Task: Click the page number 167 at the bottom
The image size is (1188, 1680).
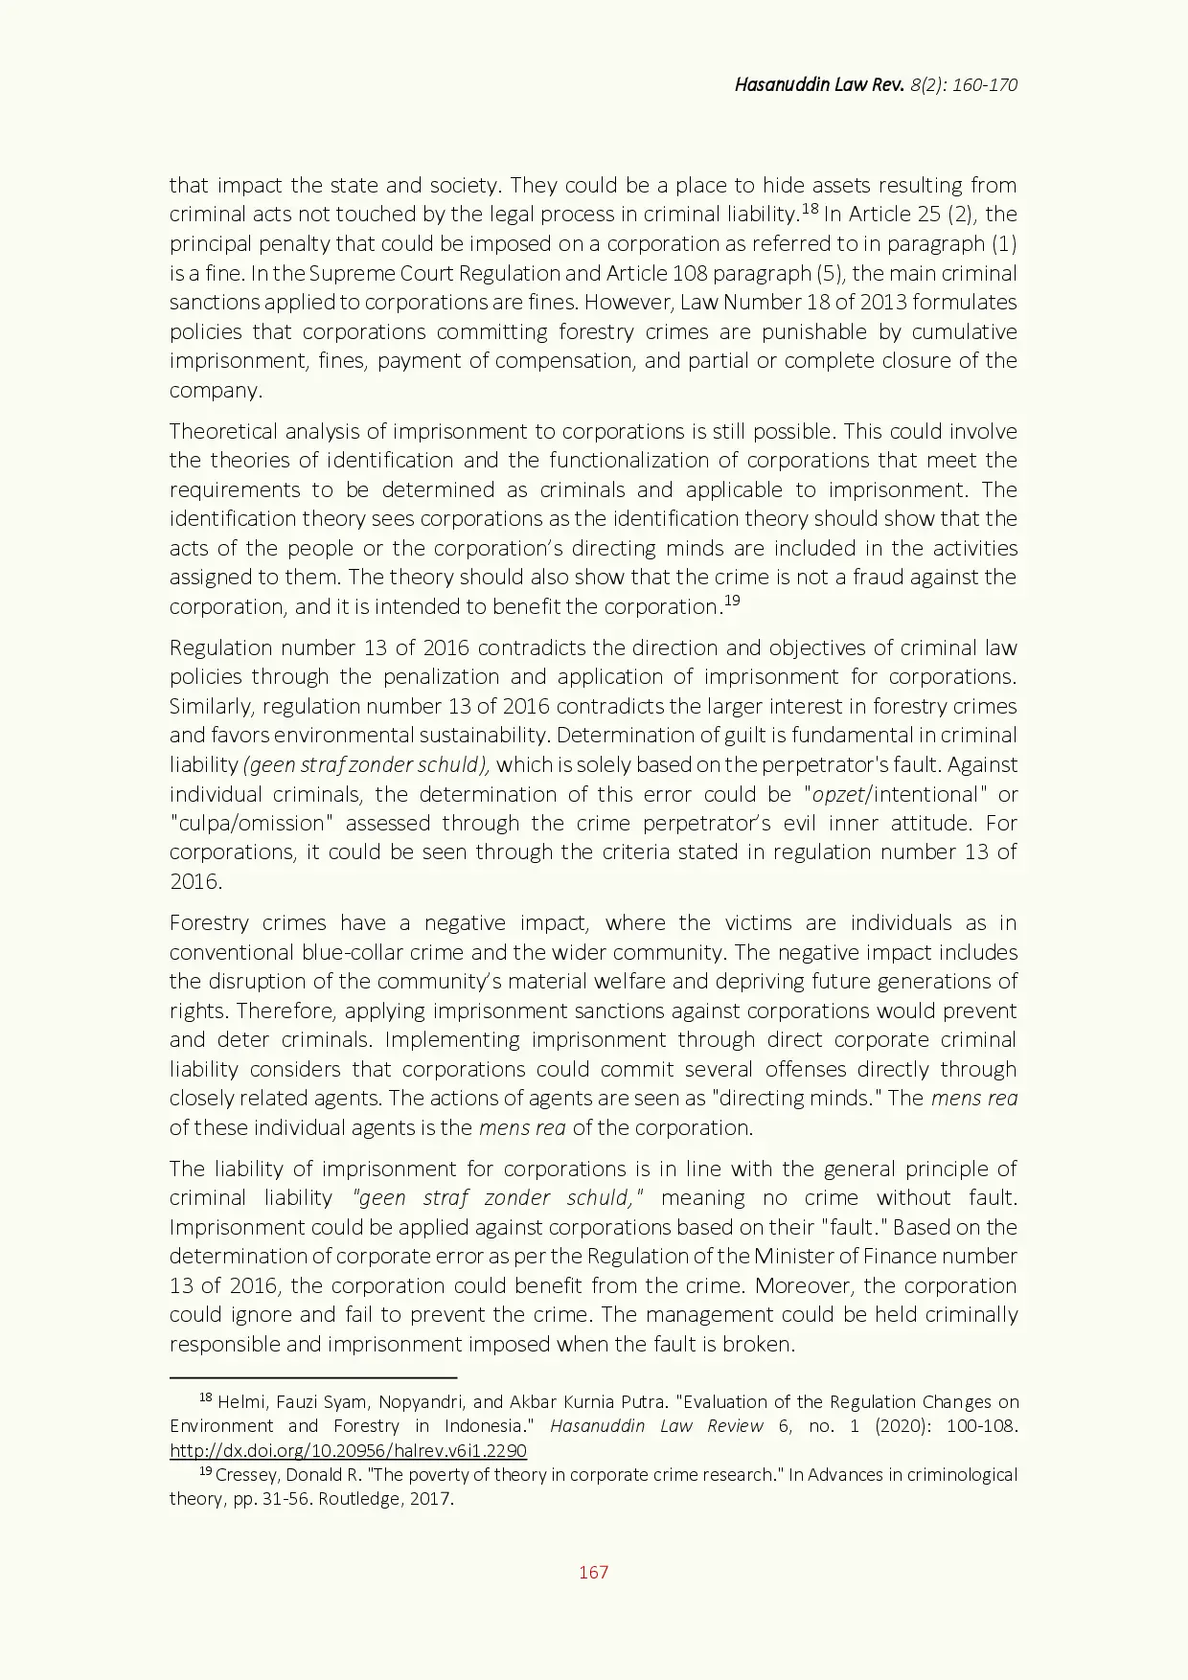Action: (593, 1572)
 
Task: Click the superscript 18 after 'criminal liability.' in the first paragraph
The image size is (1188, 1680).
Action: (811, 209)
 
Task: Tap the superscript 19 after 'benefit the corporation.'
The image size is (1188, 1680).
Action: (732, 602)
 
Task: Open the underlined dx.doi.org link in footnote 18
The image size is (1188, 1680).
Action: (348, 1450)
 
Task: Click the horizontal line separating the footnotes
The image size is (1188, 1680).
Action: (313, 1377)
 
